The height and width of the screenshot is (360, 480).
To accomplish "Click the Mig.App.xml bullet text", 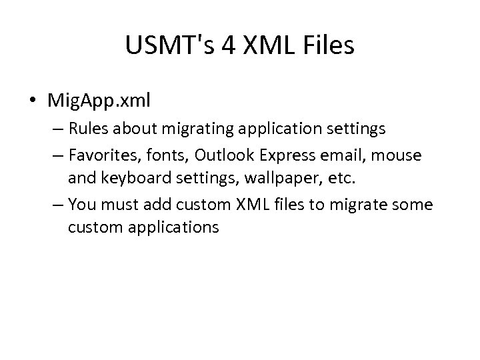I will coord(99,101).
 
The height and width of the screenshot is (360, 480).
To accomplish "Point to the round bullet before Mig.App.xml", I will coord(33,101).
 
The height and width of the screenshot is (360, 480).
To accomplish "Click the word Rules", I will coord(85,127).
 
